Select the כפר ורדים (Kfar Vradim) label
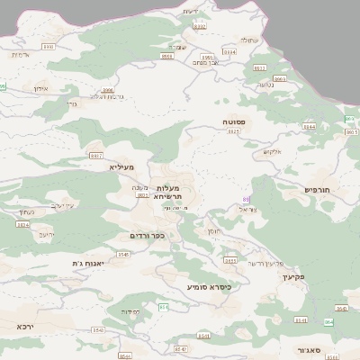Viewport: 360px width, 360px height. coord(147,236)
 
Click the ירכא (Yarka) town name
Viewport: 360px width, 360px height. coord(25,326)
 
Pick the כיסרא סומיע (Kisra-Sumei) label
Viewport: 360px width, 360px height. coord(209,287)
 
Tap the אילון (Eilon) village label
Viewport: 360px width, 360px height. coord(40,88)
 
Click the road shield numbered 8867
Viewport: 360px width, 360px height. coord(96,156)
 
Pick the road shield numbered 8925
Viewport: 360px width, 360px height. coord(234,131)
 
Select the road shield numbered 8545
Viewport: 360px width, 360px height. coord(123,255)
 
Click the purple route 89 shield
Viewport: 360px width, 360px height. coord(246,199)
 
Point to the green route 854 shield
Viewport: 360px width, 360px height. coord(163,307)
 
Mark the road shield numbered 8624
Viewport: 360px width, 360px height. coord(22,224)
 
